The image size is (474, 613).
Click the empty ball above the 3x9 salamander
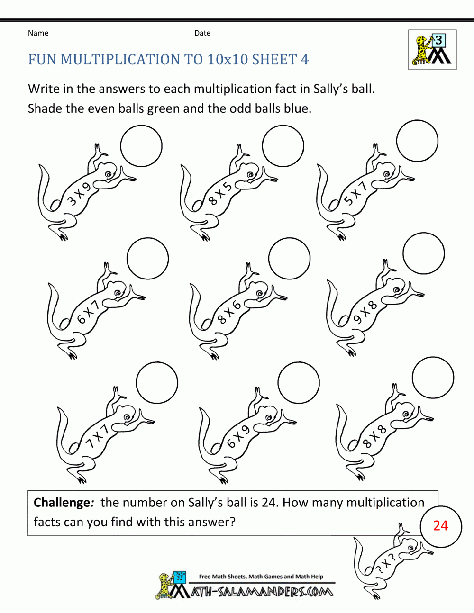pos(141,146)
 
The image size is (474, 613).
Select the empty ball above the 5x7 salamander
pos(417,141)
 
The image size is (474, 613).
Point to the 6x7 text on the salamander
pos(88,312)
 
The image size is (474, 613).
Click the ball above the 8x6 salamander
pos(289,259)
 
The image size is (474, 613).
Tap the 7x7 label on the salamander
pos(97,436)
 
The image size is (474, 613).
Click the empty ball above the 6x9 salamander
pos(299,382)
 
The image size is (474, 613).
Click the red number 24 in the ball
pos(440,525)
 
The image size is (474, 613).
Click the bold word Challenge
pos(62,503)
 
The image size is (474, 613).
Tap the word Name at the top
pos(38,33)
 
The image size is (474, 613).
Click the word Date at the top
pos(202,33)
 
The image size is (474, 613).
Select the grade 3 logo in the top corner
pos(432,50)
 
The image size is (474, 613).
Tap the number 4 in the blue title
pos(304,60)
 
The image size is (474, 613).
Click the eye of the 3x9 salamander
pos(109,174)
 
